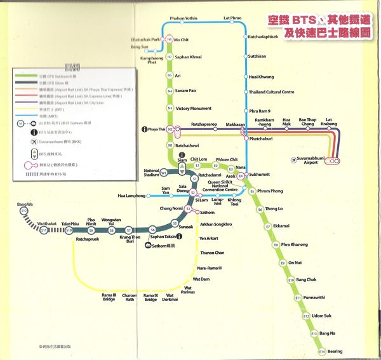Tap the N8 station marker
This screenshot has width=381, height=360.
tap(170, 39)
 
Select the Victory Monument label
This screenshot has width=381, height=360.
tap(193, 109)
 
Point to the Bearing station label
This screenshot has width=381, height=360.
tap(335, 351)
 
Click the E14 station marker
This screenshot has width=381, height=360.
tap(322, 351)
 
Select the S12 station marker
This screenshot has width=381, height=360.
tap(23, 210)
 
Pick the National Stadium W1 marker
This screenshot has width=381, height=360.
tap(163, 172)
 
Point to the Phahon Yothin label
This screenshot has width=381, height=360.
tap(184, 18)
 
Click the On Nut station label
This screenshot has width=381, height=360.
tap(295, 262)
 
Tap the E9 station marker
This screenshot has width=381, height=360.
tap(283, 262)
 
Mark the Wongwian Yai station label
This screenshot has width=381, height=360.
tap(111, 221)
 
